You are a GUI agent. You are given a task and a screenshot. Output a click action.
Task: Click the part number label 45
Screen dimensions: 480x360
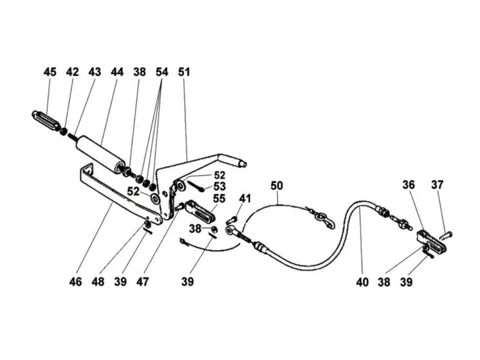(x=50, y=72)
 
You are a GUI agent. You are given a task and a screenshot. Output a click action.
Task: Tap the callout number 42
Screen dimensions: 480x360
(x=72, y=72)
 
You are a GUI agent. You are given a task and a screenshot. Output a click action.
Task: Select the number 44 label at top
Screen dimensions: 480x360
(x=117, y=72)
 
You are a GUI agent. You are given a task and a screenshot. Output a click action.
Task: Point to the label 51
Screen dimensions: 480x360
(x=184, y=72)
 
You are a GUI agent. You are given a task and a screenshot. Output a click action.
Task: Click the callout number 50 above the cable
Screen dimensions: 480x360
(x=277, y=186)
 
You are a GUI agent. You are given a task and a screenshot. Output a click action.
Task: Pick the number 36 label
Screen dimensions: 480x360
(x=409, y=185)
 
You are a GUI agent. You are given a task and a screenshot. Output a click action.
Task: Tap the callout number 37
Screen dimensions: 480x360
(x=437, y=185)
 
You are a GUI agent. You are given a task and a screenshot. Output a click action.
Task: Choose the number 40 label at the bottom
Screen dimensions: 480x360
(x=362, y=282)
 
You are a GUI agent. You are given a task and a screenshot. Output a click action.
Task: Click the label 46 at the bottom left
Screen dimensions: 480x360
(x=76, y=282)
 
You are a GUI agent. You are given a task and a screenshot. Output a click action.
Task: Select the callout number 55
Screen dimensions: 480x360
(x=219, y=199)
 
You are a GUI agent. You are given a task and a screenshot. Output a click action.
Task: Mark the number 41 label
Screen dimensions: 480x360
(x=245, y=199)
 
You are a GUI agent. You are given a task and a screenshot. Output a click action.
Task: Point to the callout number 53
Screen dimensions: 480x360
(x=219, y=186)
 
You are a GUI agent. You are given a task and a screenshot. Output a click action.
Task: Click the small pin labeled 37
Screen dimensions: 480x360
(x=447, y=236)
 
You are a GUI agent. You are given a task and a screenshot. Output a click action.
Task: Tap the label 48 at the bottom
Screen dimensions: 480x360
(x=98, y=282)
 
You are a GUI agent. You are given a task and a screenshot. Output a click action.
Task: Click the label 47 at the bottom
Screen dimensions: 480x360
(x=143, y=282)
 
